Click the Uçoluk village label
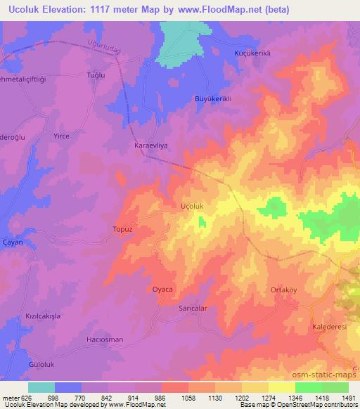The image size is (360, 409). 193,207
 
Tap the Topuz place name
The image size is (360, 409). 122,229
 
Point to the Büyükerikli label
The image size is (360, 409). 213,99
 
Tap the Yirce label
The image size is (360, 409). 62,136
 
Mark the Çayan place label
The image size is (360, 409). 13,241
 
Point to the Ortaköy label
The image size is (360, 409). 285,290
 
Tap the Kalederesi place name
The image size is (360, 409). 329,327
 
